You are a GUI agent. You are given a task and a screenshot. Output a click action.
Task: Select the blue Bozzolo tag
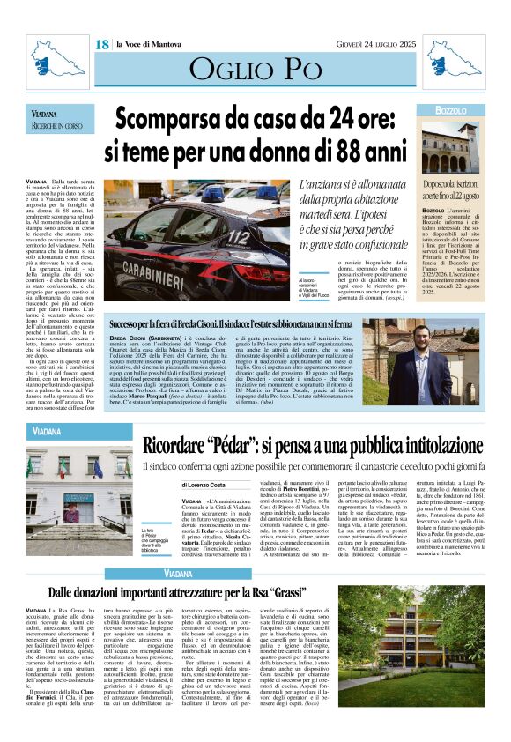453,111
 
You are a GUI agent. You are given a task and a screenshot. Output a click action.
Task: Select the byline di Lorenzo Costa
205,485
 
